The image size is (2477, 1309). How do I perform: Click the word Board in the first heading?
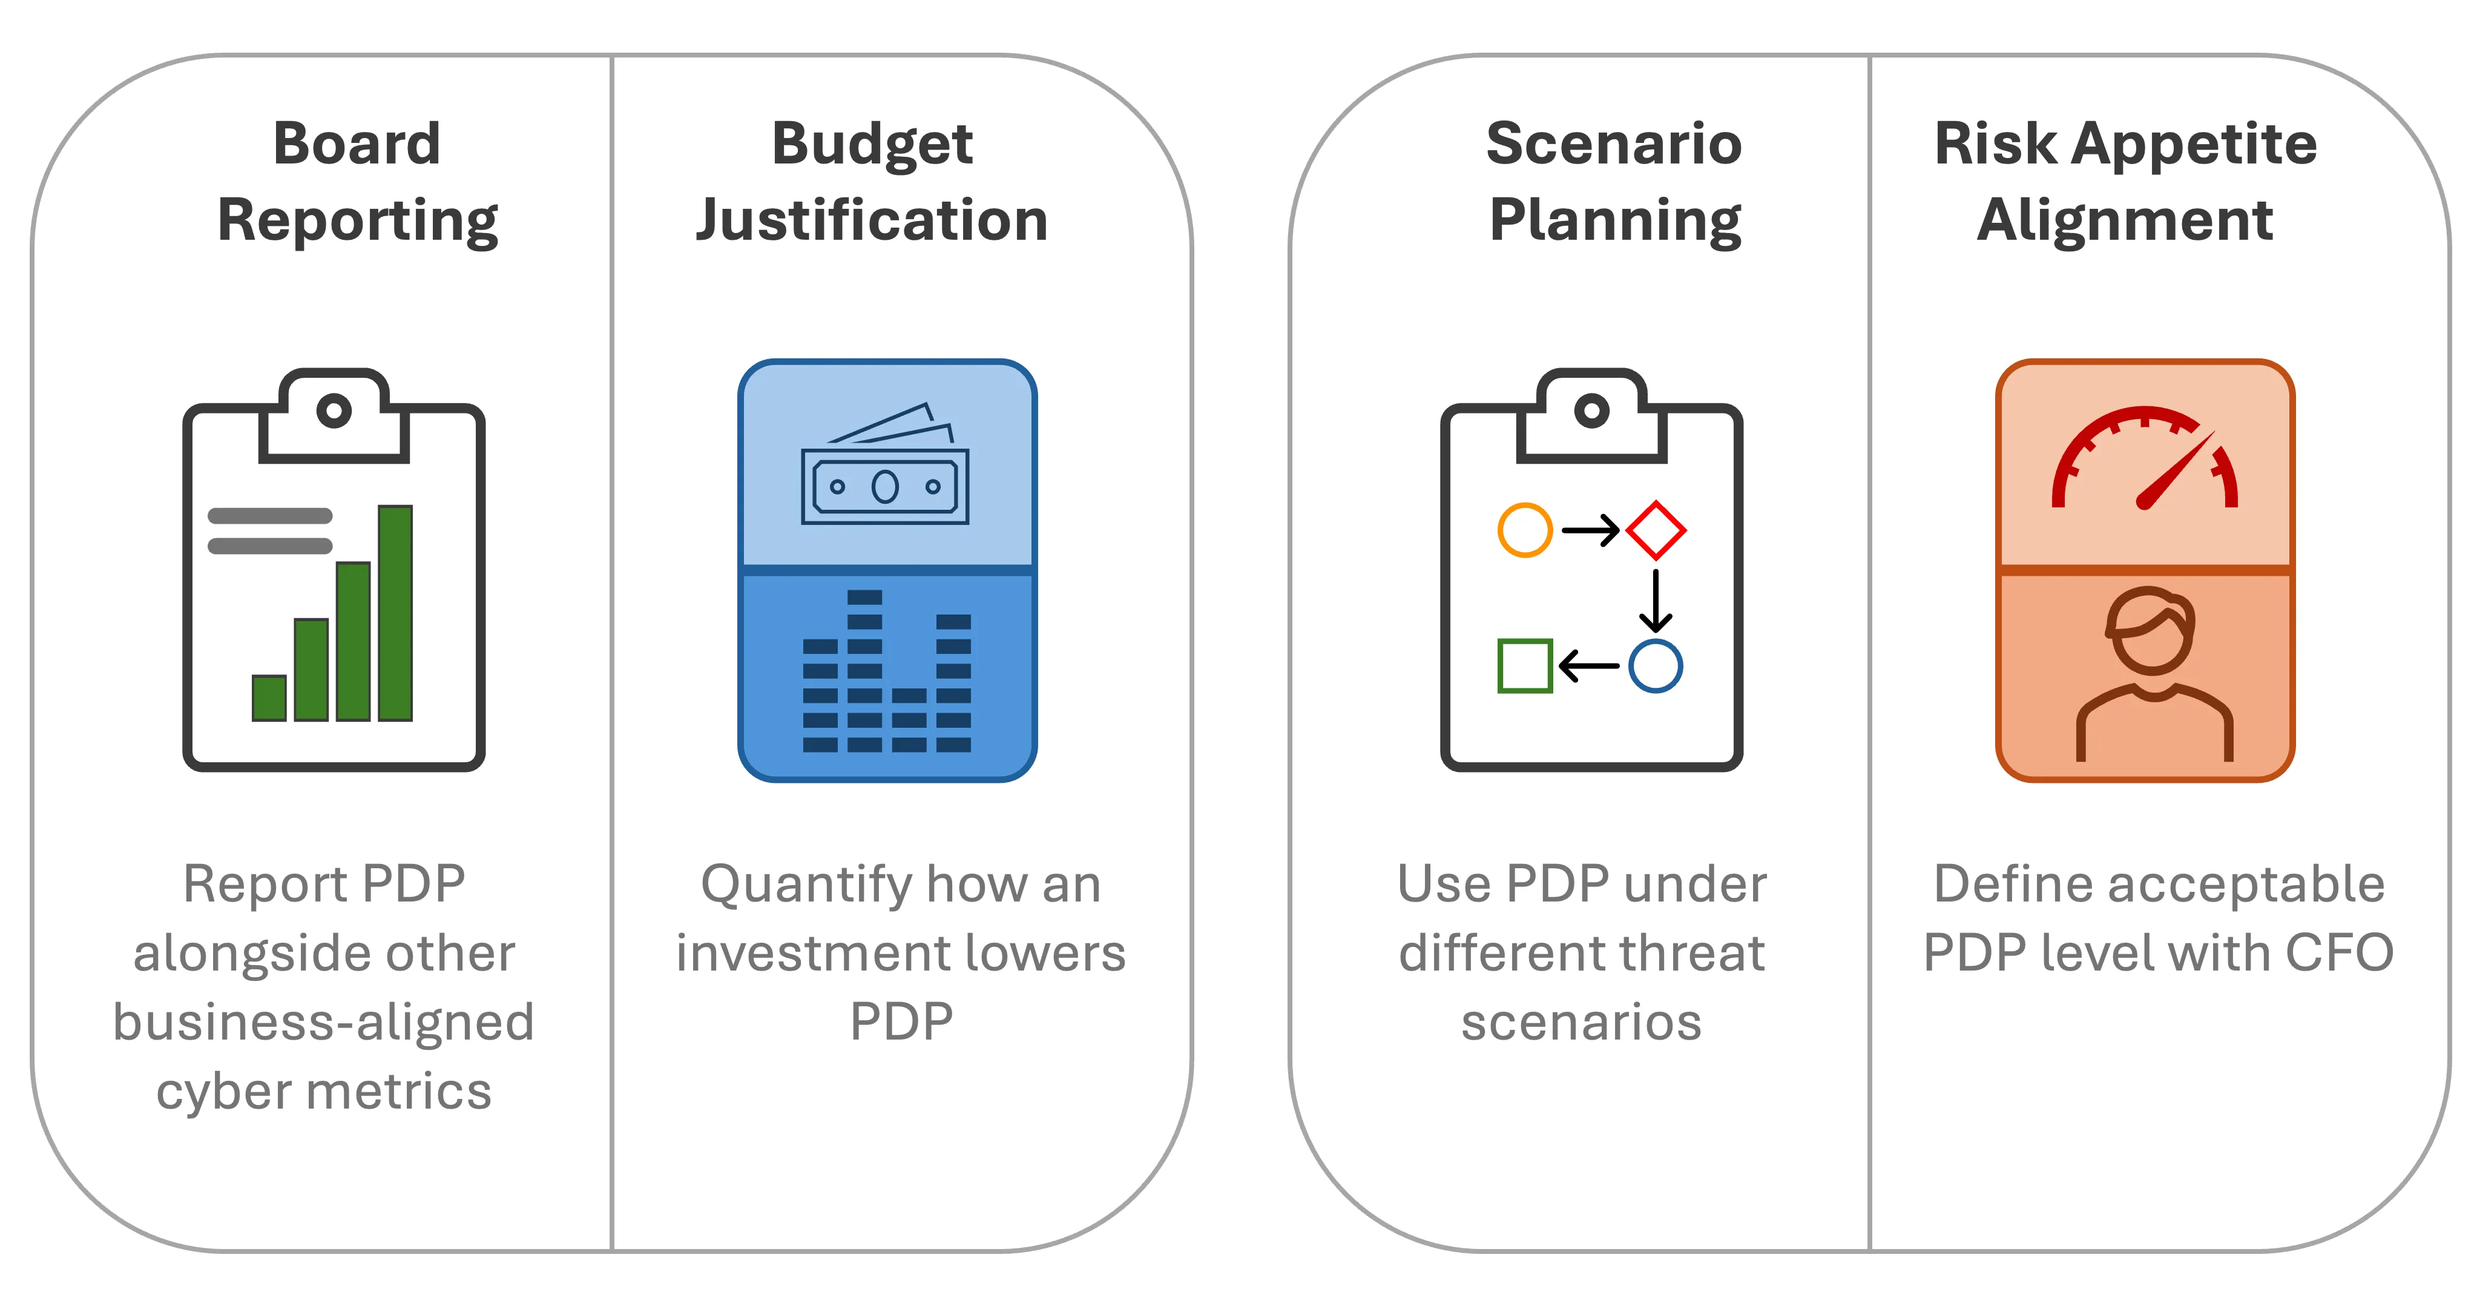pyautogui.click(x=357, y=144)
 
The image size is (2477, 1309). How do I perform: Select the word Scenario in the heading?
pyautogui.click(x=1614, y=144)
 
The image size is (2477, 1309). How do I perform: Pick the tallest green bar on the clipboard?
pyautogui.click(x=395, y=613)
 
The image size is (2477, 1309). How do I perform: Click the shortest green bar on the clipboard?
pyautogui.click(x=269, y=698)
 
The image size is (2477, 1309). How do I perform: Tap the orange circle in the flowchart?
pyautogui.click(x=1525, y=530)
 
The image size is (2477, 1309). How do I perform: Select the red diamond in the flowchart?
pyautogui.click(x=1656, y=530)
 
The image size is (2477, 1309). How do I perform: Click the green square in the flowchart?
pyautogui.click(x=1525, y=665)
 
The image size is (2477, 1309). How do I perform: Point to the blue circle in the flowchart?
pyautogui.click(x=1656, y=665)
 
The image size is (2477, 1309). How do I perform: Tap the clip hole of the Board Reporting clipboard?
pyautogui.click(x=334, y=411)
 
